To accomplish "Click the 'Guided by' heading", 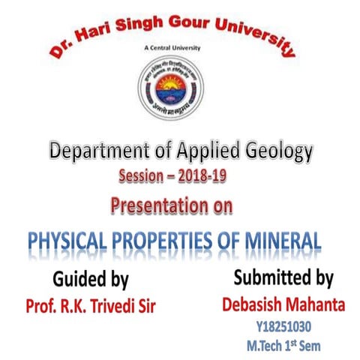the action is pos(91,280).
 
